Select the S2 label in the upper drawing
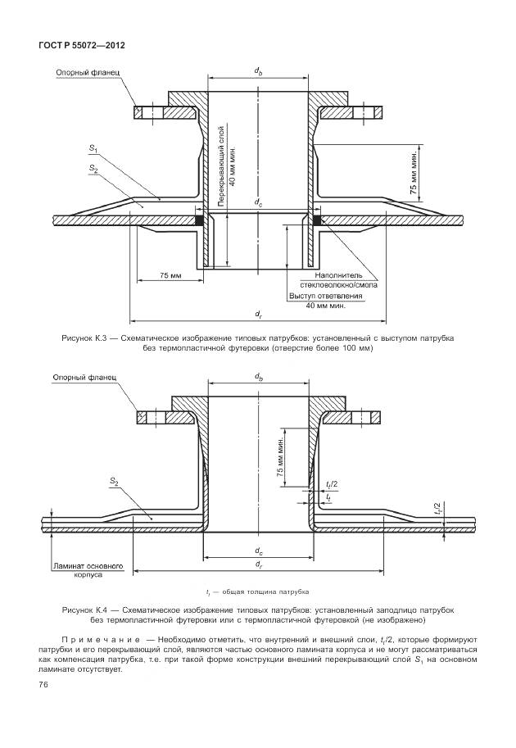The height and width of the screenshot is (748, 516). tap(93, 167)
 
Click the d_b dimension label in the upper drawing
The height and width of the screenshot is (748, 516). tap(258, 72)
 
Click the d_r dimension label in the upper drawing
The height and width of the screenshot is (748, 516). tap(258, 313)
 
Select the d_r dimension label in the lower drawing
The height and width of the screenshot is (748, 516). tap(258, 564)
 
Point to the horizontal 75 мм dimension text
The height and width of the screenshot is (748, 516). tap(170, 275)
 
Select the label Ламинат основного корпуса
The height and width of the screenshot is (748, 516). tap(88, 570)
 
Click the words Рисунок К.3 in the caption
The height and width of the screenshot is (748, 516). tap(85, 338)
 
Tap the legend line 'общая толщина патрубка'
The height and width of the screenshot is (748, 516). tap(261, 592)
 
